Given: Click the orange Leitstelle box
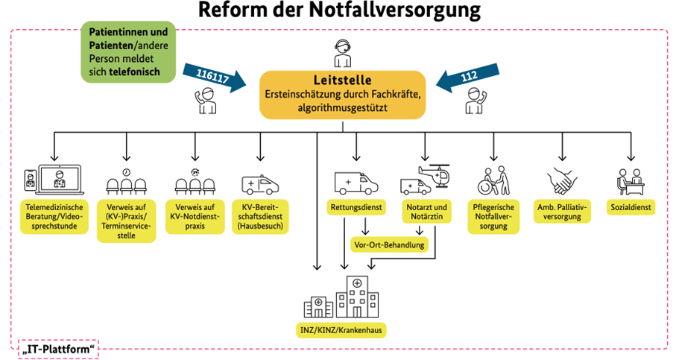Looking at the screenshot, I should (342, 95).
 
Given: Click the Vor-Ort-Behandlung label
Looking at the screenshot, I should (388, 244).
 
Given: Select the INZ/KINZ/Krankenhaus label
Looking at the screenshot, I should (342, 328).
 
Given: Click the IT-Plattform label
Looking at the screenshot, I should (58, 347).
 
